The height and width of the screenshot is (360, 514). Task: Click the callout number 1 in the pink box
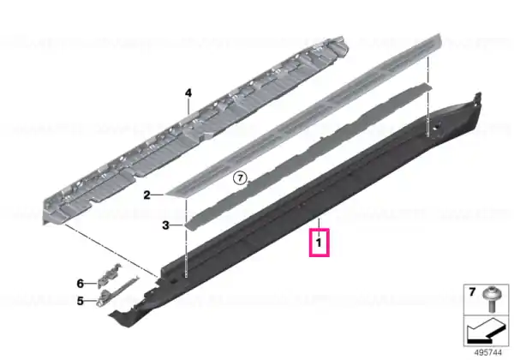click(x=319, y=243)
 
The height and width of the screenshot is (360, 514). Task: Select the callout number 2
click(x=146, y=195)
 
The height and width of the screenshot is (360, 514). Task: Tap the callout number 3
click(x=166, y=225)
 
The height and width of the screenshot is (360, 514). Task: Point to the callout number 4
click(x=188, y=93)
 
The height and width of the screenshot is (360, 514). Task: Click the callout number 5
click(x=81, y=301)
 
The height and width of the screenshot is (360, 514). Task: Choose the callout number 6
click(x=81, y=283)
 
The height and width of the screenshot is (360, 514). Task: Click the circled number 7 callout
click(x=240, y=178)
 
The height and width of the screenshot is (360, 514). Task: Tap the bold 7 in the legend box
click(x=472, y=291)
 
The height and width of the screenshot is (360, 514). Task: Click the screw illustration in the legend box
click(x=491, y=299)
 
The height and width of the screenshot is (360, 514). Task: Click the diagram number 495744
click(x=488, y=353)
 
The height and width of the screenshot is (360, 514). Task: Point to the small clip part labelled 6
click(x=110, y=275)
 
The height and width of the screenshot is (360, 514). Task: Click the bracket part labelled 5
click(x=115, y=291)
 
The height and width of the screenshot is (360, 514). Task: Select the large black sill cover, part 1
click(x=295, y=210)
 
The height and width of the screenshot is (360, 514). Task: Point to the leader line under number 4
click(x=188, y=106)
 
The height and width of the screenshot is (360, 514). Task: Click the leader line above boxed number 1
click(x=319, y=224)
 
